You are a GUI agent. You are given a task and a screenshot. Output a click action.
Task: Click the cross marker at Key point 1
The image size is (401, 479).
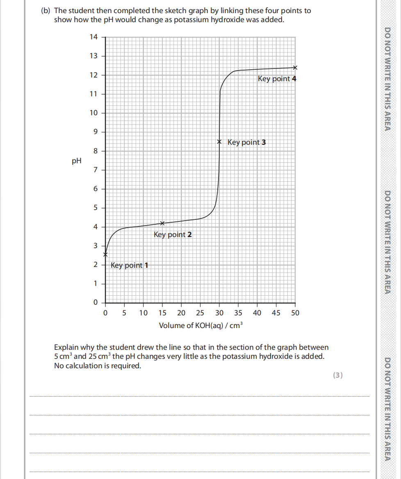point(105,254)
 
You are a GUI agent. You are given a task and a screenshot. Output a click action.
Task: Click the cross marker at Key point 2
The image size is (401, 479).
point(162,223)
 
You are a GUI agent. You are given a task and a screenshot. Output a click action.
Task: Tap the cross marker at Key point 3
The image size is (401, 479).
point(219,142)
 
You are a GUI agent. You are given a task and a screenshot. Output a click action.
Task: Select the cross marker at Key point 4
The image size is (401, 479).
point(295,67)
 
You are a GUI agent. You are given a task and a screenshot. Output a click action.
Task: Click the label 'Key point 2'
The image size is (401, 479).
point(173,235)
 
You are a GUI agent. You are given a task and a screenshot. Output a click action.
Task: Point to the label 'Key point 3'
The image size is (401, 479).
point(246,142)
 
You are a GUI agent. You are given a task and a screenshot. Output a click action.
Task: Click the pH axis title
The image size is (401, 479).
point(77,161)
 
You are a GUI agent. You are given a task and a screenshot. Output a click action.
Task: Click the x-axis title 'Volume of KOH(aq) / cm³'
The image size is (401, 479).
point(200,326)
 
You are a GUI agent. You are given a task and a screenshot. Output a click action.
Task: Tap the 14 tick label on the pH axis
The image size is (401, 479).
point(94,37)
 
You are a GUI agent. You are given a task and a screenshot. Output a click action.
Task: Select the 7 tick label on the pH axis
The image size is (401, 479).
point(96,170)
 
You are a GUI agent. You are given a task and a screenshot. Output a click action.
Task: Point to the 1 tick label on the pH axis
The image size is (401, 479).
point(96,283)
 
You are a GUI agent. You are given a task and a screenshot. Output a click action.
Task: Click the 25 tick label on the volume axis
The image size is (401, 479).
point(200,313)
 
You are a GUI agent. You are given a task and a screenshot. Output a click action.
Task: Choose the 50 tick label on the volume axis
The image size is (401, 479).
point(295,313)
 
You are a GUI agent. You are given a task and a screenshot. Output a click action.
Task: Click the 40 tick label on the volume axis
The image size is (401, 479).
point(257,313)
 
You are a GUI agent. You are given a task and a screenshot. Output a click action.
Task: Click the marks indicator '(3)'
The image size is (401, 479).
point(337,375)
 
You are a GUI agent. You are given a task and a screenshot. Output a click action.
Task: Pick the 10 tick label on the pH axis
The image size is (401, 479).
point(94,113)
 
